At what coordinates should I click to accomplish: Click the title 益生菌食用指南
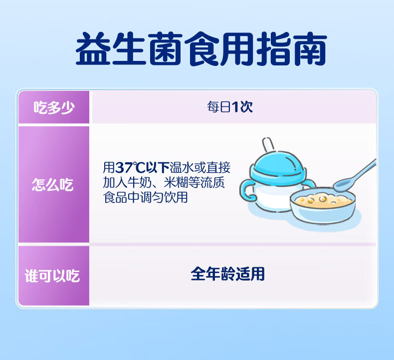click(201, 48)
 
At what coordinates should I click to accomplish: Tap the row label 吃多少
click(54, 107)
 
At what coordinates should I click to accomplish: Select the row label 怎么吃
click(53, 184)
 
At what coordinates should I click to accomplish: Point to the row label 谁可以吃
click(52, 276)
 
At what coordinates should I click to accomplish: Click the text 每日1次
click(229, 107)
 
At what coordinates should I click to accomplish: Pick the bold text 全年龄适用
click(227, 274)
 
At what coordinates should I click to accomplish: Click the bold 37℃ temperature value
click(130, 168)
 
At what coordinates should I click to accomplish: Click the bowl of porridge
click(323, 205)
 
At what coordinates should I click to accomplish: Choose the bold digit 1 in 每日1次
click(235, 107)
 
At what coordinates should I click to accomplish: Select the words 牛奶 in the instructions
click(140, 183)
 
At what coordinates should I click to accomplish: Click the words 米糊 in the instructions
click(176, 183)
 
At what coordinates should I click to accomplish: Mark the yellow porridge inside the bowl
click(323, 200)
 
